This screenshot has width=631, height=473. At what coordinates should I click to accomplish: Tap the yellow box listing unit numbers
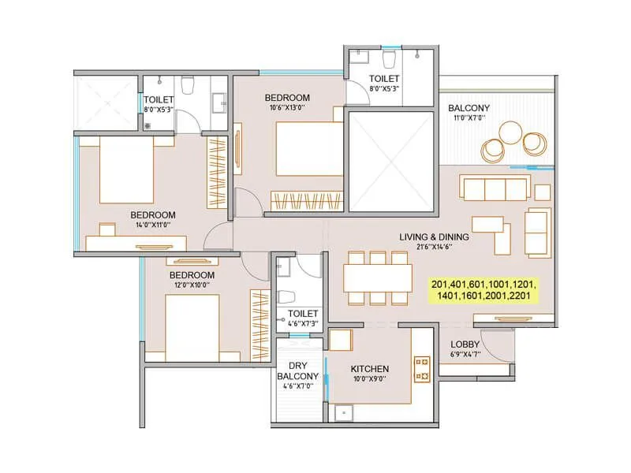[484, 290]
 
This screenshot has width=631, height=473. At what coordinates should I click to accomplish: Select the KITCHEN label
[370, 369]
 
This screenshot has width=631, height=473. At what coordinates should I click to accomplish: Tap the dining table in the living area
[377, 277]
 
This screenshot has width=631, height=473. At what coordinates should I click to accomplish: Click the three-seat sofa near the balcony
[495, 189]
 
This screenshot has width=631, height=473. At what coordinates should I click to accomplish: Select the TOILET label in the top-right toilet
[385, 79]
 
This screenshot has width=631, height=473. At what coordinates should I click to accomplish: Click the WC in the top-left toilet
[188, 84]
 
